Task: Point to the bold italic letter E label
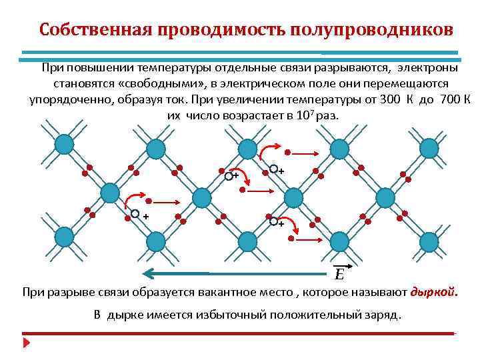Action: click(x=339, y=274)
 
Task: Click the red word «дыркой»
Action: click(x=434, y=292)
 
